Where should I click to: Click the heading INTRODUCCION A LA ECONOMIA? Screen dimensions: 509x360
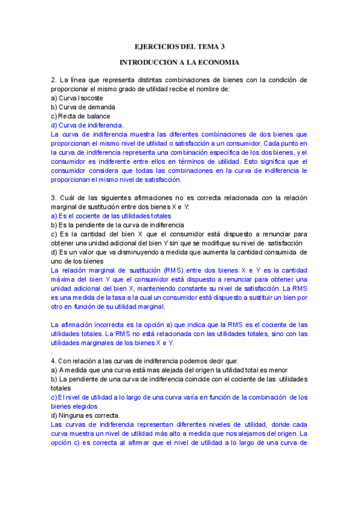pyautogui.click(x=179, y=62)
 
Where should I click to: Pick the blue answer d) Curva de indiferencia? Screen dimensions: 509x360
pyautogui.click(x=87, y=125)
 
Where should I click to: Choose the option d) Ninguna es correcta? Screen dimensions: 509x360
pyautogui.click(x=85, y=415)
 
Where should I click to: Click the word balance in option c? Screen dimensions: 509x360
pyautogui.click(x=98, y=116)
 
